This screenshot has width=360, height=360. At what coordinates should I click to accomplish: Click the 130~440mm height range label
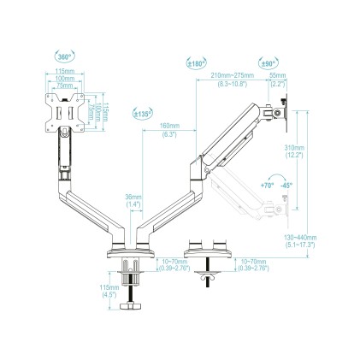coord(302,241)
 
